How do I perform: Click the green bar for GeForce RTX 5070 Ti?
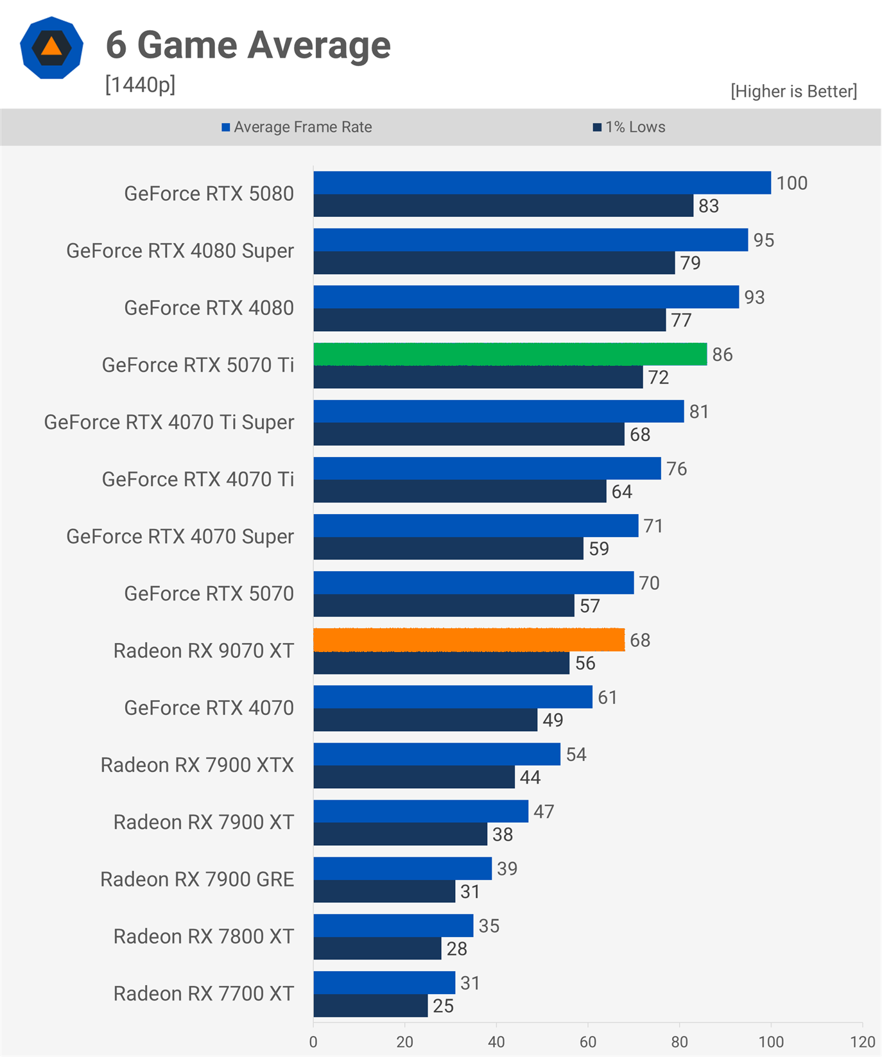pyautogui.click(x=510, y=354)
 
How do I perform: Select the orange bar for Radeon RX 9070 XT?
pyautogui.click(x=469, y=640)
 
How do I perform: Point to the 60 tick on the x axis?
pyautogui.click(x=588, y=1042)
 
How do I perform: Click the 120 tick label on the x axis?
pyautogui.click(x=863, y=1042)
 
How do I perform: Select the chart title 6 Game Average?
pyautogui.click(x=248, y=45)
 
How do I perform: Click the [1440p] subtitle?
pyautogui.click(x=140, y=84)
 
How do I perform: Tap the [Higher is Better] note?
pyautogui.click(x=793, y=91)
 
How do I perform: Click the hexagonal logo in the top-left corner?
pyautogui.click(x=51, y=48)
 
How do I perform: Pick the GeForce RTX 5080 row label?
pyautogui.click(x=209, y=193)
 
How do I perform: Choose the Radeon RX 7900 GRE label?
pyautogui.click(x=197, y=879)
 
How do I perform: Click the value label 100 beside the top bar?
pyautogui.click(x=791, y=183)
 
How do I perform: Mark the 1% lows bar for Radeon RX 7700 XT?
pyautogui.click(x=370, y=1006)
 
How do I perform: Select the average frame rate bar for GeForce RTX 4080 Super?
pyautogui.click(x=530, y=240)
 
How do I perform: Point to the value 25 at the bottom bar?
pyautogui.click(x=443, y=1006)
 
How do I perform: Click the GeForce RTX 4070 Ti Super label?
pyautogui.click(x=169, y=422)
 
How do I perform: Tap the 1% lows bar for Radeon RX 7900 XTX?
pyautogui.click(x=414, y=777)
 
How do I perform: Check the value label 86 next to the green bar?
pyautogui.click(x=722, y=354)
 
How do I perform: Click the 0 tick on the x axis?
pyautogui.click(x=313, y=1042)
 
